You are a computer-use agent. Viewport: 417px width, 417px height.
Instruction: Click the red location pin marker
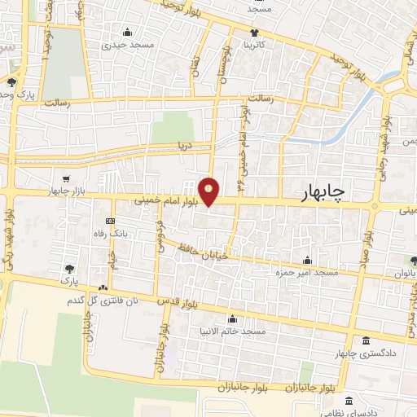[209, 191]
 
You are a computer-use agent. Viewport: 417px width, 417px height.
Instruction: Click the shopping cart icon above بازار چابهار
[66, 178]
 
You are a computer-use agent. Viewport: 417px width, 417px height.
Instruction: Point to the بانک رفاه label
[112, 233]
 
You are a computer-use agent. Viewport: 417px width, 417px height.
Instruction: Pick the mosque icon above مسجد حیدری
[127, 33]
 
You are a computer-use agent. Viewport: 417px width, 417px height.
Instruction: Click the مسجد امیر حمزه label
[306, 272]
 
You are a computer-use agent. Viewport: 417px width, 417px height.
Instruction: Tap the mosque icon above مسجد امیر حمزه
[307, 261]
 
